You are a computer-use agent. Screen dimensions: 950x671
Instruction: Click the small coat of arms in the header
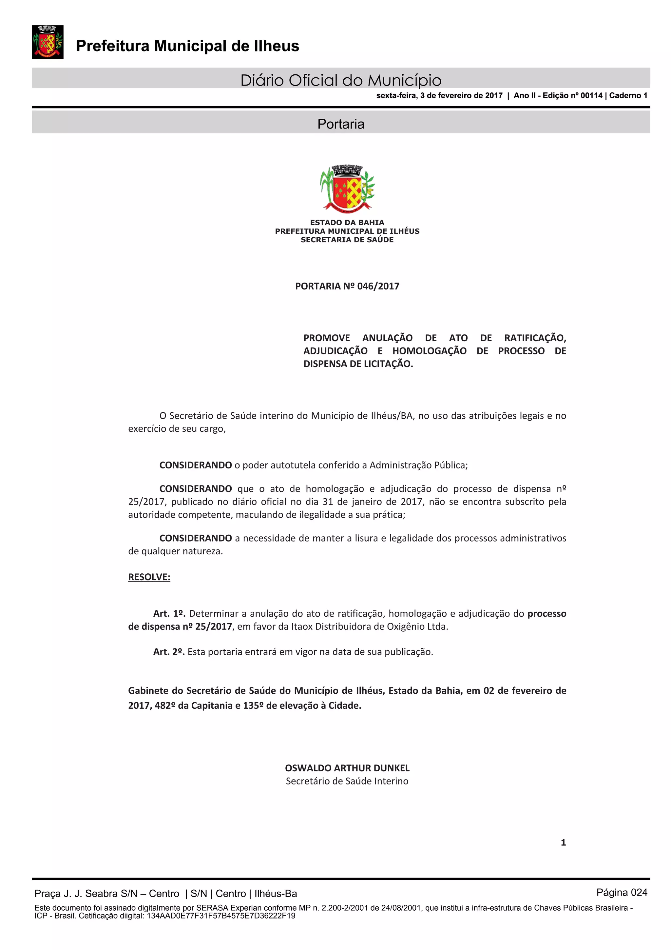48,42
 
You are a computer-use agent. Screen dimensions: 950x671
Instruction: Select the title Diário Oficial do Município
341,80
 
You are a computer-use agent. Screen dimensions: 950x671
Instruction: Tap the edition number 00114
591,96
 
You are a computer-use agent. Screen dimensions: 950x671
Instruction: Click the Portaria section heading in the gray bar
341,124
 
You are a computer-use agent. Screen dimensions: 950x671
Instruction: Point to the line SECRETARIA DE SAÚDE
347,240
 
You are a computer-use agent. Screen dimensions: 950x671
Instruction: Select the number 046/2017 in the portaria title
378,286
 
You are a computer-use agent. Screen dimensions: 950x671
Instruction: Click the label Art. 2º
169,652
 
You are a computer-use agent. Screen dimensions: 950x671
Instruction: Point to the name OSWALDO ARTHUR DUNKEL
347,768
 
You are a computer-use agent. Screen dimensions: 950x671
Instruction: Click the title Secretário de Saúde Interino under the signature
347,781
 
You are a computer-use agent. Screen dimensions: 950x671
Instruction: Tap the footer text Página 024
622,893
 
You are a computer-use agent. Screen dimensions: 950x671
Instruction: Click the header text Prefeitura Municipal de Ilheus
187,46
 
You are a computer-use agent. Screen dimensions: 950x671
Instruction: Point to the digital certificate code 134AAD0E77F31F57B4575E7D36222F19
221,916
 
